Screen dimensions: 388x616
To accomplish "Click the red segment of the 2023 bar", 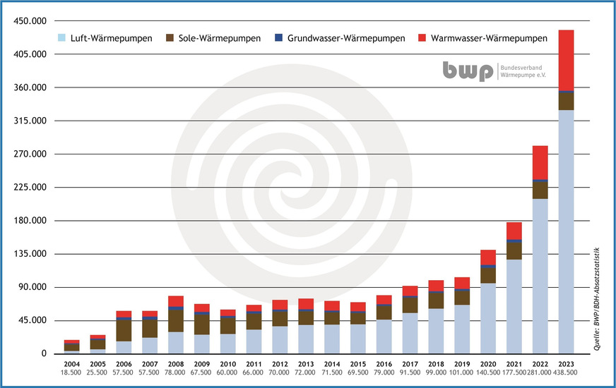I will pyautogui.click(x=566, y=61).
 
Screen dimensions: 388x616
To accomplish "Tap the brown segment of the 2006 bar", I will pyautogui.click(x=124, y=330).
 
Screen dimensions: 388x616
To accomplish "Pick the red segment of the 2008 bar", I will pyautogui.click(x=176, y=301).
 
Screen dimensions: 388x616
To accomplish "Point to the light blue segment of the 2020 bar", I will pyautogui.click(x=487, y=318).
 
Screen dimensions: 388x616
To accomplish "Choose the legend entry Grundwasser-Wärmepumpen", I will pyautogui.click(x=346, y=37).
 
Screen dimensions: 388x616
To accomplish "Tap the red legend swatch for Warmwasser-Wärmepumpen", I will pyautogui.click(x=423, y=37).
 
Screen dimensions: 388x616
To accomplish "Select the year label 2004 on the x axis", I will pyautogui.click(x=72, y=365).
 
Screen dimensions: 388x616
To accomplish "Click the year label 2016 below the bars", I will pyautogui.click(x=384, y=365).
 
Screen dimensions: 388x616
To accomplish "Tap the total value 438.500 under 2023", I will pyautogui.click(x=566, y=373).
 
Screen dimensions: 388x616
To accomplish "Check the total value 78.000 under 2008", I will pyautogui.click(x=176, y=373).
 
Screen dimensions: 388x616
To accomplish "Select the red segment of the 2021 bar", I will pyautogui.click(x=514, y=231).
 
